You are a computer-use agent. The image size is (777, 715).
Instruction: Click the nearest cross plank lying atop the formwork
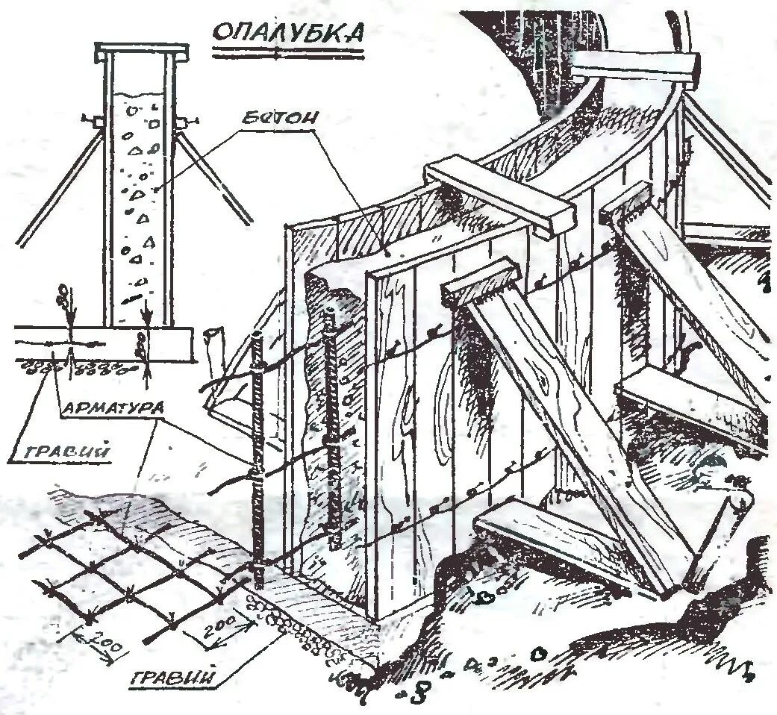501,197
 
